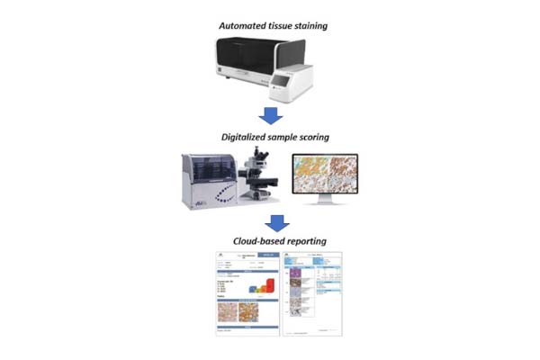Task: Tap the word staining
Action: (x=307, y=26)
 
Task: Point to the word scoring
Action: (x=313, y=139)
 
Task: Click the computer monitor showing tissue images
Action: (x=327, y=175)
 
